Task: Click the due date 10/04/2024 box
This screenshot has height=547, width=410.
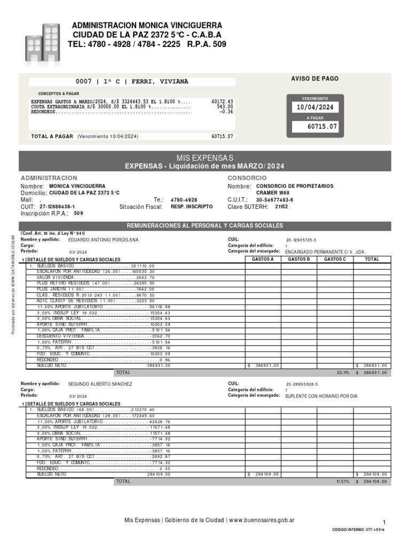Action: coord(315,107)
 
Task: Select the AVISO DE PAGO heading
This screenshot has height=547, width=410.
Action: coord(314,79)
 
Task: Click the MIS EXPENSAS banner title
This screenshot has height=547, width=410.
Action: coord(205,158)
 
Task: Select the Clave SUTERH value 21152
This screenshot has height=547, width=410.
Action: coord(281,206)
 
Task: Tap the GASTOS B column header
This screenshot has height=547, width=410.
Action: coord(298,259)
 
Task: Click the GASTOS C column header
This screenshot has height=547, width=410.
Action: coord(335,259)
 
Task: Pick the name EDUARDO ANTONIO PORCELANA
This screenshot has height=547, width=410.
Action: coord(103,240)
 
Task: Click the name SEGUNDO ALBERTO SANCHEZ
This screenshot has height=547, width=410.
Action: coord(100,384)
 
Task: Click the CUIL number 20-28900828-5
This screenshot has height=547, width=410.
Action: coord(302,384)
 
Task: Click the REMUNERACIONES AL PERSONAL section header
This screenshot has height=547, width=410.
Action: coord(204,226)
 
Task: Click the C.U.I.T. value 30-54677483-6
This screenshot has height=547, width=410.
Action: coord(274,199)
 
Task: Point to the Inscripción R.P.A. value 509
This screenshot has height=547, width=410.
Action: coord(78,213)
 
